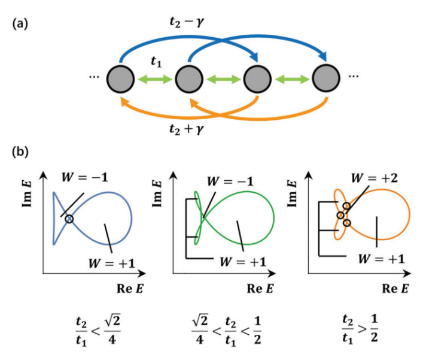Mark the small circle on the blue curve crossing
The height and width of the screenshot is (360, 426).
(x=69, y=219)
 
